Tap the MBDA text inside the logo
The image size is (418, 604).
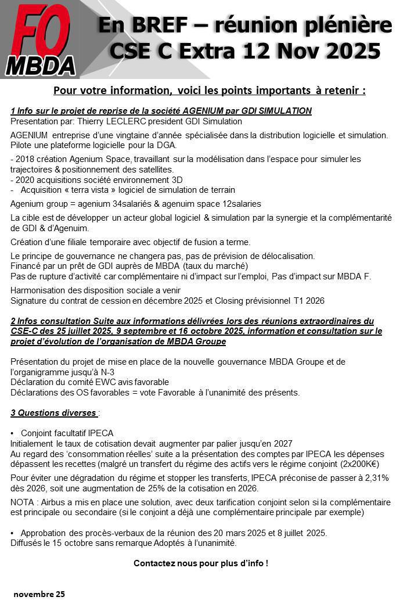tap(41, 66)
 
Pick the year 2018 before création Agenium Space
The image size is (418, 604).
tap(25, 159)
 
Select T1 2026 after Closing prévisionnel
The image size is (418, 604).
tap(308, 301)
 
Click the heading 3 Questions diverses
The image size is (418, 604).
tap(53, 413)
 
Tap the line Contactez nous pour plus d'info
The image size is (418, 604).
tap(201, 563)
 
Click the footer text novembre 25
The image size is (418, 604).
tap(39, 594)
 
